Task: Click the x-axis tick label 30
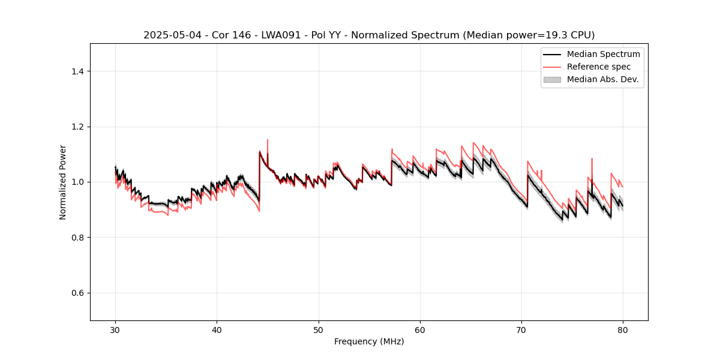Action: point(115,330)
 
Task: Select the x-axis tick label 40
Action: point(217,330)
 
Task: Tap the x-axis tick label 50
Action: point(319,330)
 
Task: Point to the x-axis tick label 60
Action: point(420,330)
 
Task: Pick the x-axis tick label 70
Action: point(521,330)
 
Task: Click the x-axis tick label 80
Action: point(623,330)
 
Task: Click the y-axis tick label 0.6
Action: point(77,293)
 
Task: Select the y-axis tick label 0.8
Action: point(77,238)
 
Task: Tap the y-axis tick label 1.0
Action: point(77,182)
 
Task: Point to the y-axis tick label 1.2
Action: point(77,127)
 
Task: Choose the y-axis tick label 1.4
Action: point(77,71)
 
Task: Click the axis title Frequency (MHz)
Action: point(369,342)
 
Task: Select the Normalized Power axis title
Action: point(63,182)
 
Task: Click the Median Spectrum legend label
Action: point(603,54)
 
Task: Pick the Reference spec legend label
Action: point(599,67)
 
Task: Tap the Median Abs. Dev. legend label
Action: point(603,79)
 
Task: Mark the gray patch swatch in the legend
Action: point(552,79)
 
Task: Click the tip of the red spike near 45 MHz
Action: point(268,140)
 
